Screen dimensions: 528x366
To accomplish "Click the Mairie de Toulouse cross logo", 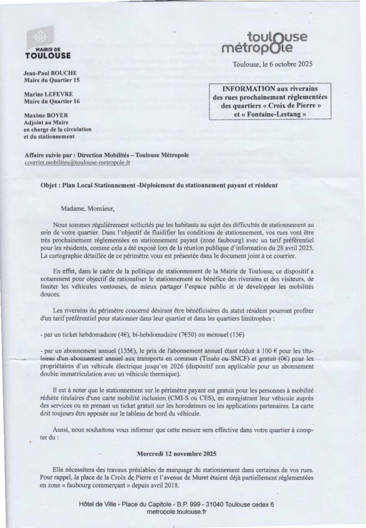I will point(40,39).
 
